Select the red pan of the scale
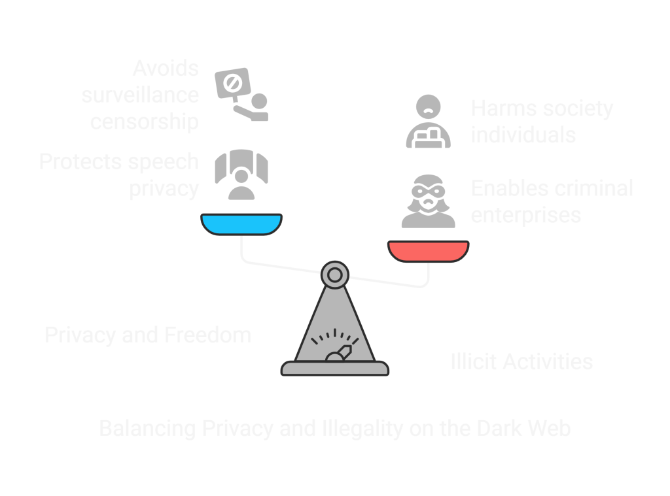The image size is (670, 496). coord(428,251)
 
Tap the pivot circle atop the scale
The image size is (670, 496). coord(334,274)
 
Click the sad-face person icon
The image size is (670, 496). coord(428,122)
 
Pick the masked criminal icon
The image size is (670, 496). coord(428,201)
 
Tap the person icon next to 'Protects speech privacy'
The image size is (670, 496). coord(241,175)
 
